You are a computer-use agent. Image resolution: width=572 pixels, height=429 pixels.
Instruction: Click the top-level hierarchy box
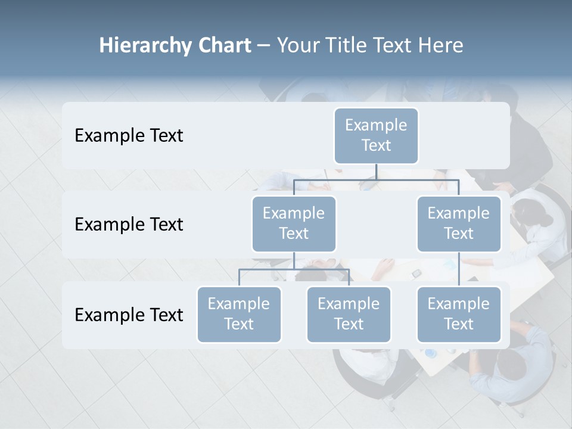click(376, 135)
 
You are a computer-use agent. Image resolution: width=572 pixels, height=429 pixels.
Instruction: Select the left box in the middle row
click(294, 223)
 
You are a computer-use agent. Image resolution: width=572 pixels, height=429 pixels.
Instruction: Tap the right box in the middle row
click(459, 223)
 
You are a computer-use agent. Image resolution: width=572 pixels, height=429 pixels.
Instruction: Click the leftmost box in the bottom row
click(239, 314)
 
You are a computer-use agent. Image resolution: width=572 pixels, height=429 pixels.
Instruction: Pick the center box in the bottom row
click(349, 314)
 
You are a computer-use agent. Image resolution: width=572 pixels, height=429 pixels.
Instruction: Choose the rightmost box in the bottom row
click(459, 314)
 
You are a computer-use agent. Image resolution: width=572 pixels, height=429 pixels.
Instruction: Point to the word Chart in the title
click(224, 46)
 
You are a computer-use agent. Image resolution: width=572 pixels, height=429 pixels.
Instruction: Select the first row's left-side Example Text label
click(129, 135)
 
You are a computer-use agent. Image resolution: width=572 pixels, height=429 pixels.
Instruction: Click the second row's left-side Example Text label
click(129, 224)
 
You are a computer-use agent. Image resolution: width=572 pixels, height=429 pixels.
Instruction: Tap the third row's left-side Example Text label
click(129, 315)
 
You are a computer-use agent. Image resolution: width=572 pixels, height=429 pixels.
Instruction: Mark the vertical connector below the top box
click(376, 172)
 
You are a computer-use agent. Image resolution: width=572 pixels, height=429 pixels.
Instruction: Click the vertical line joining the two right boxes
click(459, 269)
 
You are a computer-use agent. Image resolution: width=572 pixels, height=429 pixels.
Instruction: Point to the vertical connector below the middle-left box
click(294, 260)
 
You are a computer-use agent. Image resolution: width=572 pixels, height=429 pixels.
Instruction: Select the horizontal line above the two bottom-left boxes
click(294, 269)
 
